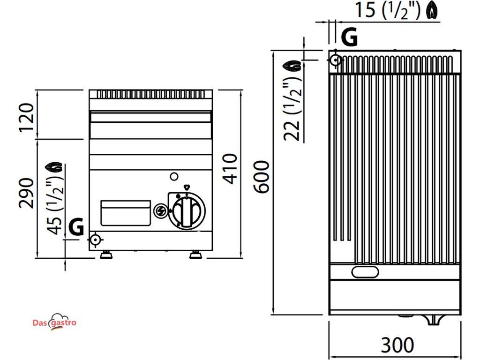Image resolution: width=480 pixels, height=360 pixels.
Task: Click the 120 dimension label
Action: tap(27, 118)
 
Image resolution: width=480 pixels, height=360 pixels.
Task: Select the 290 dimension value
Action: tap(27, 193)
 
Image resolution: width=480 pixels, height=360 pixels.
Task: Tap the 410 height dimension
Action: tap(230, 169)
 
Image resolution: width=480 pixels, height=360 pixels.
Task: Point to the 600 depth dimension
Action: tap(262, 177)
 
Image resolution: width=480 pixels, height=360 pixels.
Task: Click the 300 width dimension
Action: tap(397, 345)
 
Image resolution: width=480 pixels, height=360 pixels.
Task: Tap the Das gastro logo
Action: tap(54, 322)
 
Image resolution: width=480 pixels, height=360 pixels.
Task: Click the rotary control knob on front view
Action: tap(186, 211)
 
